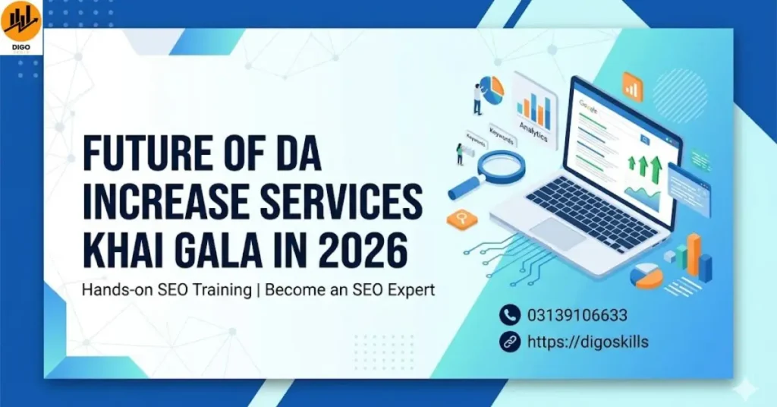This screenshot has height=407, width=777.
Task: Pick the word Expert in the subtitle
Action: tap(410, 291)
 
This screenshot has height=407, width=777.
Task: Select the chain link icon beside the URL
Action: tap(509, 342)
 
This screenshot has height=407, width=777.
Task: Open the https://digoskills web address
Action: tap(587, 342)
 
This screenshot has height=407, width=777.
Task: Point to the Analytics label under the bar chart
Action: tap(533, 126)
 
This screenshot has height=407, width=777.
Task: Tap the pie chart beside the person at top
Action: tap(492, 90)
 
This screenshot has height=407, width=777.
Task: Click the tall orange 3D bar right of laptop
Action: tap(693, 254)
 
